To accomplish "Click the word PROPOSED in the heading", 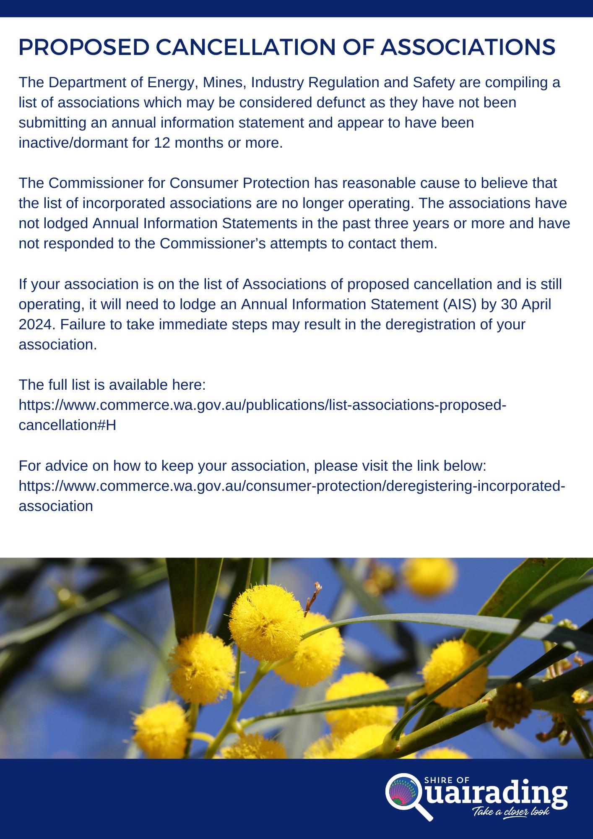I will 84,47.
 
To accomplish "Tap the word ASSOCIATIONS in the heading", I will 468,47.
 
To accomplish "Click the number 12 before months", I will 162,143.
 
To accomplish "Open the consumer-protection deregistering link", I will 292,486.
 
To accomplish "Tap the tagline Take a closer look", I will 511,811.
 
